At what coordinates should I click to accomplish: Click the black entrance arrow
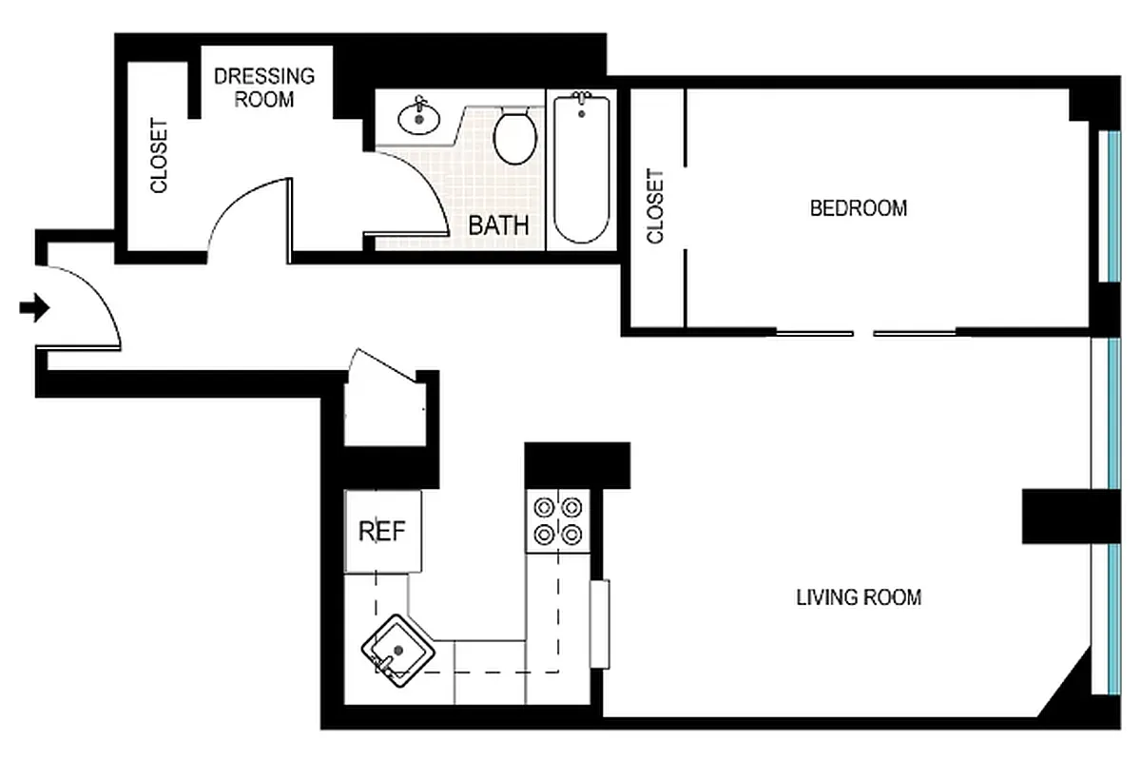35,308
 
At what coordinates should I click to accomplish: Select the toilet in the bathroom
516,137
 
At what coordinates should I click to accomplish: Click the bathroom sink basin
419,119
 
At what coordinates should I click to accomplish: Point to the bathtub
581,168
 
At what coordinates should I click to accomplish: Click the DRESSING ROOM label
263,87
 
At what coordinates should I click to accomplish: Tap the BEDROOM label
858,207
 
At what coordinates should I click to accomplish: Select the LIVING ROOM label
858,597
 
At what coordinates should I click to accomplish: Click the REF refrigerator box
382,532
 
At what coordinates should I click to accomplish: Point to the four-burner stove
558,521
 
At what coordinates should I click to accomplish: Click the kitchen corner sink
397,649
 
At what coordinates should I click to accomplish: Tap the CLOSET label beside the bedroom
654,206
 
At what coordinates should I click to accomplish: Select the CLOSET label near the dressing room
159,156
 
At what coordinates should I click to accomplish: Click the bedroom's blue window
1110,205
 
